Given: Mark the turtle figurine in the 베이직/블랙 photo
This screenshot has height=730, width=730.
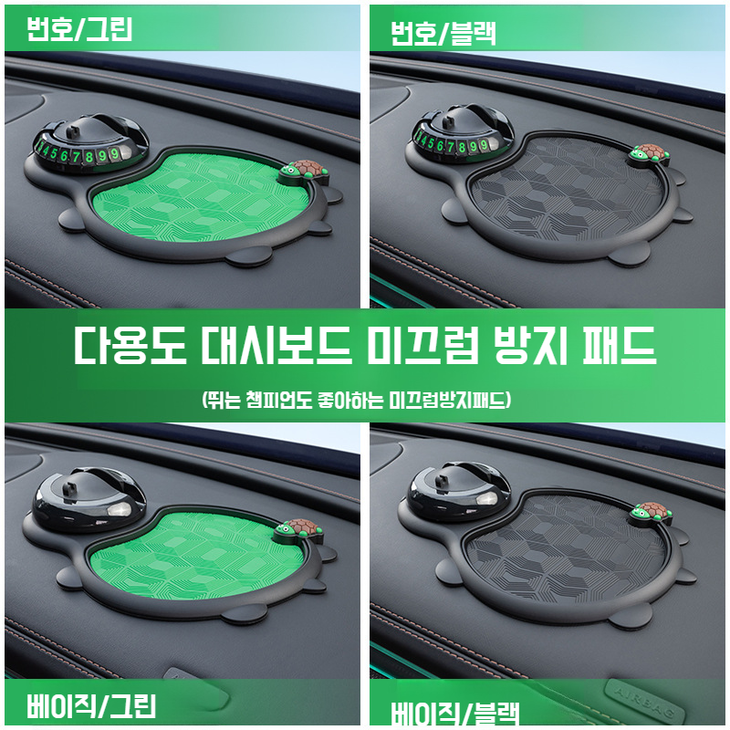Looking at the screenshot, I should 651,514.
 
